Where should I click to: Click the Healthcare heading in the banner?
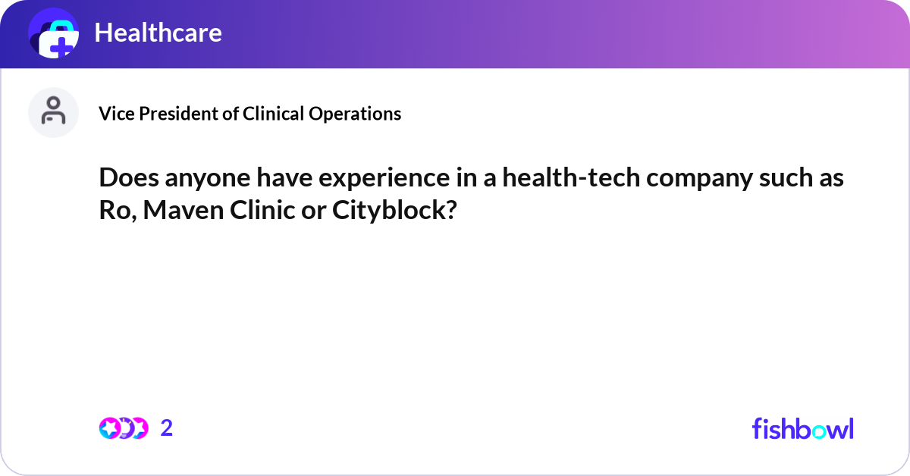tap(158, 33)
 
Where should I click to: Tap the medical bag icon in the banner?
tap(54, 33)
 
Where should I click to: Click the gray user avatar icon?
tap(53, 112)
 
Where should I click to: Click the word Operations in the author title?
tap(355, 114)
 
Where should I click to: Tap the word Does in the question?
tap(129, 178)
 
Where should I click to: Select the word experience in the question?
tap(384, 179)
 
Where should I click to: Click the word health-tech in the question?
tap(571, 178)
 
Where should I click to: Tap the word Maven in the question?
tap(184, 211)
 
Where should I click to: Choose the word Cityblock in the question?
tap(394, 210)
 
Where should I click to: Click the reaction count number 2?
tap(167, 428)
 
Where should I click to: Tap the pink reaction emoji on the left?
tap(110, 428)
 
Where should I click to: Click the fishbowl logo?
tap(803, 428)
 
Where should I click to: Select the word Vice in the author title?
tap(117, 114)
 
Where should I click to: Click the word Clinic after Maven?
tap(262, 210)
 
